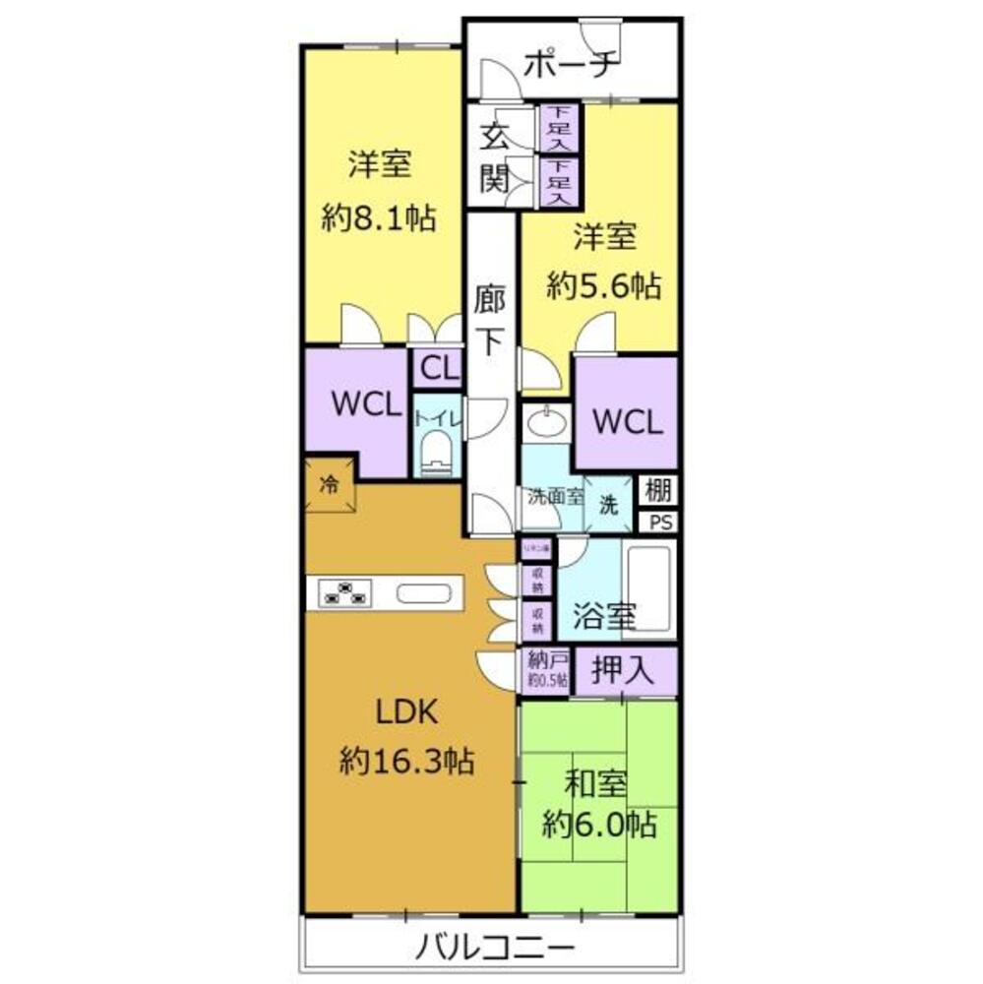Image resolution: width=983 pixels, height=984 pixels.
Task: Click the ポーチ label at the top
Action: [571, 64]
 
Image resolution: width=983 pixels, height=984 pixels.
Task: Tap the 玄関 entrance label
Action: [493, 156]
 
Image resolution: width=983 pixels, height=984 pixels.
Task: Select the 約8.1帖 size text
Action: [379, 217]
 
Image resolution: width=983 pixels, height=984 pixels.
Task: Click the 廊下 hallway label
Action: [489, 320]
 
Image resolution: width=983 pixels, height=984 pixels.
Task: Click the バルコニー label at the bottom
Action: [493, 951]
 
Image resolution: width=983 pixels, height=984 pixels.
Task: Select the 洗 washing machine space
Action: [610, 506]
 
